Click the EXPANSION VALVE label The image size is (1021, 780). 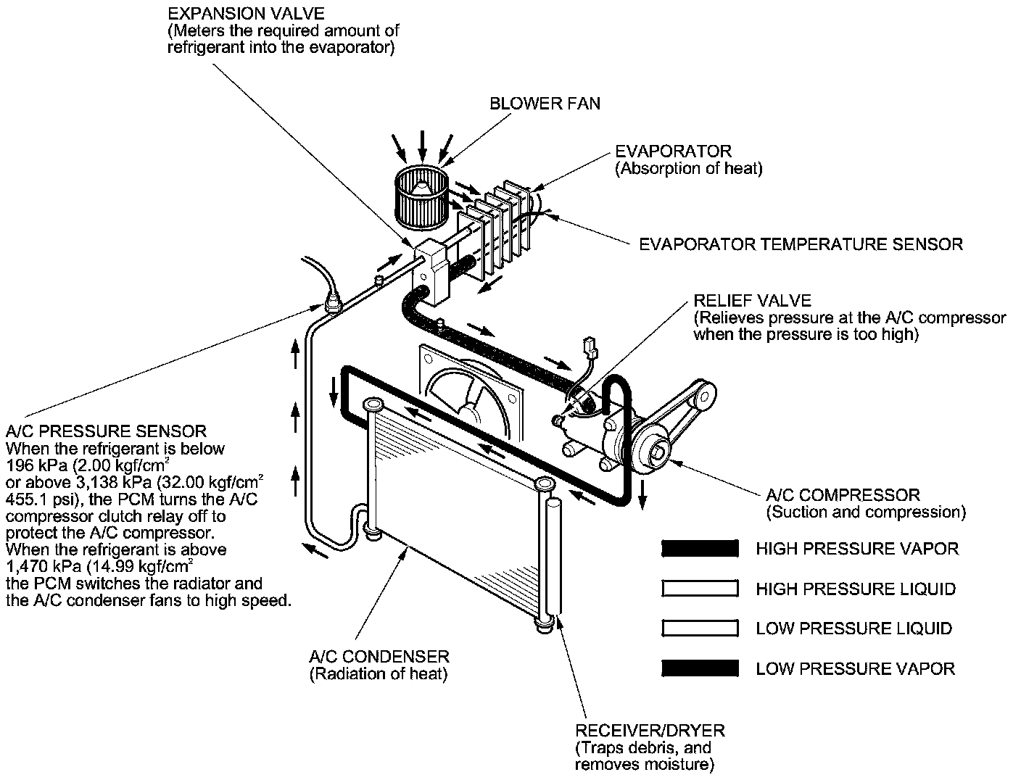point(246,14)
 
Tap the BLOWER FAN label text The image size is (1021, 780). point(545,104)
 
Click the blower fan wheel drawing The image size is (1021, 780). point(420,194)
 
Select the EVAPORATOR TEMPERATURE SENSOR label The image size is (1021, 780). point(801,244)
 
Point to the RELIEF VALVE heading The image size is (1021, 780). point(752,301)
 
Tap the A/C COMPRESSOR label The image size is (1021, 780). point(843,496)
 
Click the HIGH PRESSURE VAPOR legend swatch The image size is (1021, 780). point(700,549)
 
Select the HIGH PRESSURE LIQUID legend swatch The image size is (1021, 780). point(700,589)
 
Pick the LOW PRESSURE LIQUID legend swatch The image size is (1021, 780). point(700,628)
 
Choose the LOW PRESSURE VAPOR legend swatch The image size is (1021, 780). point(700,668)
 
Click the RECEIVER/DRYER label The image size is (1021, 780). point(650,731)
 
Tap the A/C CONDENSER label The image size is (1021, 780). point(379,657)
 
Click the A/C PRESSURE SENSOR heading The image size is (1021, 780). point(106,432)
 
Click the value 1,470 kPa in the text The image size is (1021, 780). point(36,566)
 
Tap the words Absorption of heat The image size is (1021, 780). point(689,169)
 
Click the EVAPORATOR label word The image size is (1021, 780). point(674,152)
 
